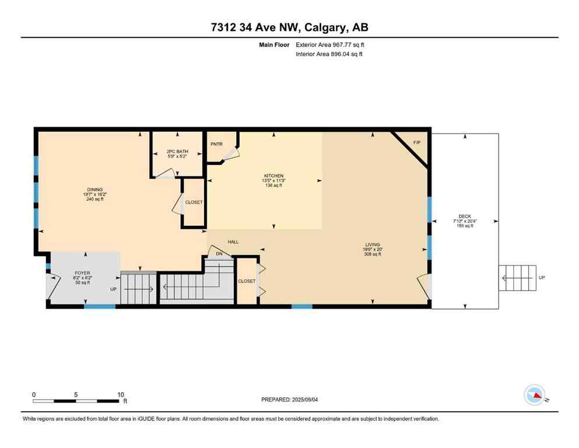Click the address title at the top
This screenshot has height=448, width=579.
point(289,27)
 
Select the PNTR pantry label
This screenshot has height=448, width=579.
point(216,144)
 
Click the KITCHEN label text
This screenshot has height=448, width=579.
point(273,176)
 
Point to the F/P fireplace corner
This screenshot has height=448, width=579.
point(416,143)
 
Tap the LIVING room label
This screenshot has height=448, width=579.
point(373,244)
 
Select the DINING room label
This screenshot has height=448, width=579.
point(95,190)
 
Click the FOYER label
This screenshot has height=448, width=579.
point(82,272)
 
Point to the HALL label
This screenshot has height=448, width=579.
point(233,242)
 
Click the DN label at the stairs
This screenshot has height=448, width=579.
point(219,254)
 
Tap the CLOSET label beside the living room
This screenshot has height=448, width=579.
point(247,281)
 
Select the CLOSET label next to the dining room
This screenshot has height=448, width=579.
point(194,202)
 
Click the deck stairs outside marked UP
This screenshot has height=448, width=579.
point(518,278)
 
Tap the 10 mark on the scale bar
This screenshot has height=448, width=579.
point(121,394)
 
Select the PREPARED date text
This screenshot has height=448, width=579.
point(289,400)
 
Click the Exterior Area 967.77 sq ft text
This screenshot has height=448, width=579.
point(331,44)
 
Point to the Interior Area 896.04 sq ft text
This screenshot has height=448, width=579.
point(329,54)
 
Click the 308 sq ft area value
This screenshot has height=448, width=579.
point(373,254)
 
